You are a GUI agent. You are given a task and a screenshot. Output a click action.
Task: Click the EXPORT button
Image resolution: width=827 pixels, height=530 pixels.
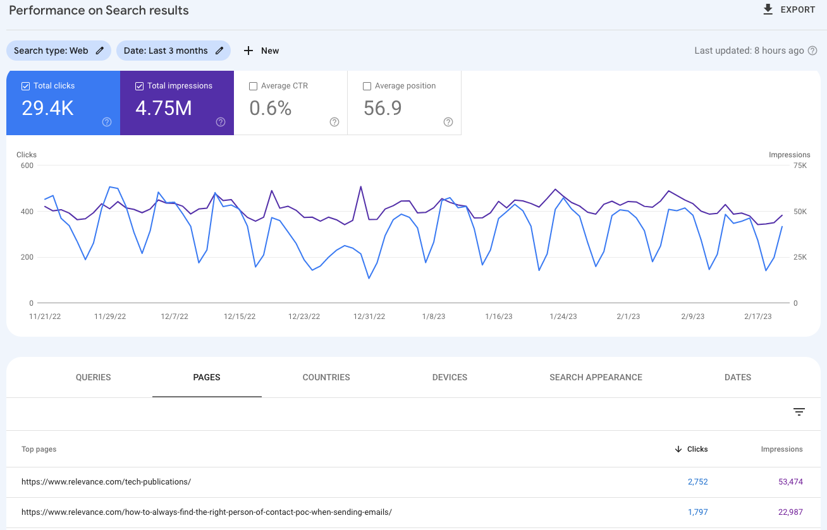point(789,9)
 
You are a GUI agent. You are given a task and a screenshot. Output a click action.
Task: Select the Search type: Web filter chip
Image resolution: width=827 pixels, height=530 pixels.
point(58,51)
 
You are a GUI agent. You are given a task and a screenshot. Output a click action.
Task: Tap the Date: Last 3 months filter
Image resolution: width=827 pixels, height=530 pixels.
point(173,51)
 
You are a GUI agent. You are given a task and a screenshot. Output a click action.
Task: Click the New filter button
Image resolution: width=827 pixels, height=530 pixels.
point(261,51)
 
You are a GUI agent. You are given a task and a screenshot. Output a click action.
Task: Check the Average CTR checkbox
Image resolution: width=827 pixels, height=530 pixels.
point(254,86)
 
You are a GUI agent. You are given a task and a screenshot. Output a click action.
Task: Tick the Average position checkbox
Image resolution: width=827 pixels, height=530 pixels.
point(367,86)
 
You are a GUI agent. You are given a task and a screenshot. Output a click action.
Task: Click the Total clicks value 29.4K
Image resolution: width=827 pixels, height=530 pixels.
point(47,109)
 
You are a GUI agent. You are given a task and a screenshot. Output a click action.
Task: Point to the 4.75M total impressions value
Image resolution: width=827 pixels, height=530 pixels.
point(163,109)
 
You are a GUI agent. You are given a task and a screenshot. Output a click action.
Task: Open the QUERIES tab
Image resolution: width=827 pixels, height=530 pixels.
point(93,377)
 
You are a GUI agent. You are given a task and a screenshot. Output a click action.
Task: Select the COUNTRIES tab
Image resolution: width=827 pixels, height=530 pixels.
point(326,377)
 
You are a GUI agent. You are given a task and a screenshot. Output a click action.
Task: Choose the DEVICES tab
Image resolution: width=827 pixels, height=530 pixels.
point(450,377)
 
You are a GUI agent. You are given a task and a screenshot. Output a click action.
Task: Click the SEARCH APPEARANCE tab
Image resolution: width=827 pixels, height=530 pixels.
point(596,377)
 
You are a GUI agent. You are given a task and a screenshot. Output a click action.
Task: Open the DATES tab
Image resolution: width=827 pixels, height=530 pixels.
point(737,377)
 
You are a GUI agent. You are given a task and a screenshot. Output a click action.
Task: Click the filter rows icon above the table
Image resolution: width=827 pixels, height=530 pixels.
point(799,412)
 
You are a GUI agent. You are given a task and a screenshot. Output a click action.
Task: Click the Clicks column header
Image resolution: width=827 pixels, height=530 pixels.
point(697,449)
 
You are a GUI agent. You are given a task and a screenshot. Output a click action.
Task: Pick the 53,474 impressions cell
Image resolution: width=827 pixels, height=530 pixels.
point(790,481)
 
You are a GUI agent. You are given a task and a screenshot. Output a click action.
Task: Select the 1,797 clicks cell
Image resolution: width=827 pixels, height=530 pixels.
point(697,512)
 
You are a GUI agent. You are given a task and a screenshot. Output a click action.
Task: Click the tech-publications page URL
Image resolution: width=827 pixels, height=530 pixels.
point(106,481)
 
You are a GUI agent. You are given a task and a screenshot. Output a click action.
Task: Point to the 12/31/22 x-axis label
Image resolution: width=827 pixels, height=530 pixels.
point(369,316)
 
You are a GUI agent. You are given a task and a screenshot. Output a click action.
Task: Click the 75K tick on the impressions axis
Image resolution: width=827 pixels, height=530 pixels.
point(799,166)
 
